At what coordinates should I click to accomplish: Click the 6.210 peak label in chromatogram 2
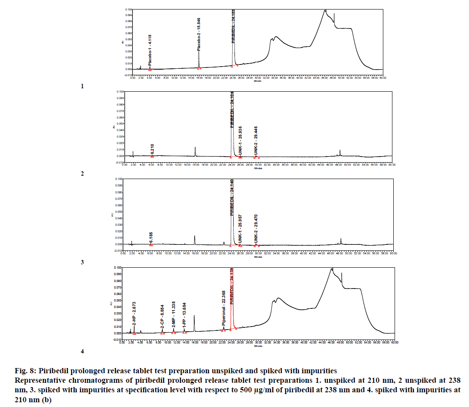tap(152, 150)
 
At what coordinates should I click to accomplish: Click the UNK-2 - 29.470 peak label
tap(256, 228)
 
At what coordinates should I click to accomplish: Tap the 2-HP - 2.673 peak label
tap(135, 313)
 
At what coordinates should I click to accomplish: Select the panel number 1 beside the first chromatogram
tap(82, 86)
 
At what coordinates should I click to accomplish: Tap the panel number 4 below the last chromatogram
tap(82, 351)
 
